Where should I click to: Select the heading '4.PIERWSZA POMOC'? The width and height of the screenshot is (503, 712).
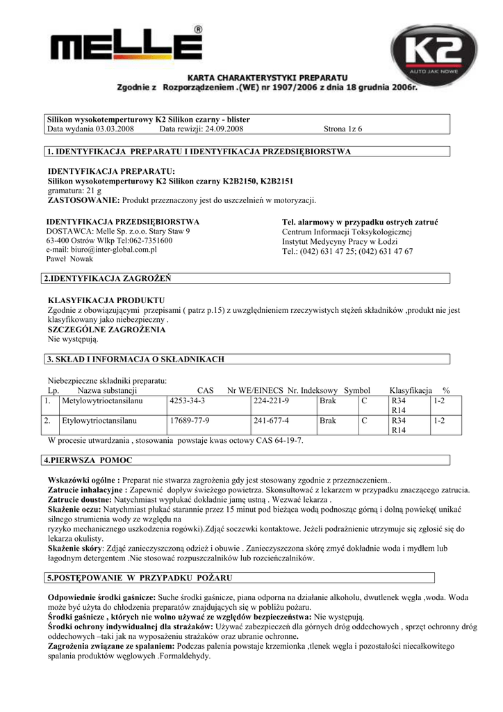[88, 461]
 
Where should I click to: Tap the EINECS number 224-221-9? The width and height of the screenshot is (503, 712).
[272, 402]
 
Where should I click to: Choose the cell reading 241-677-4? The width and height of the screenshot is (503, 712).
[272, 421]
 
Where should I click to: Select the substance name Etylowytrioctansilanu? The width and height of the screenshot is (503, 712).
[99, 421]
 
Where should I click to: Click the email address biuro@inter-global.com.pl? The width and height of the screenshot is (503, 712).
[101, 249]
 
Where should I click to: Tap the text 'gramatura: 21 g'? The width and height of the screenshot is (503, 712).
[74, 191]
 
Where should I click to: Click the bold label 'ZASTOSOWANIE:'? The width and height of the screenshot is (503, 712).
[83, 200]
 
